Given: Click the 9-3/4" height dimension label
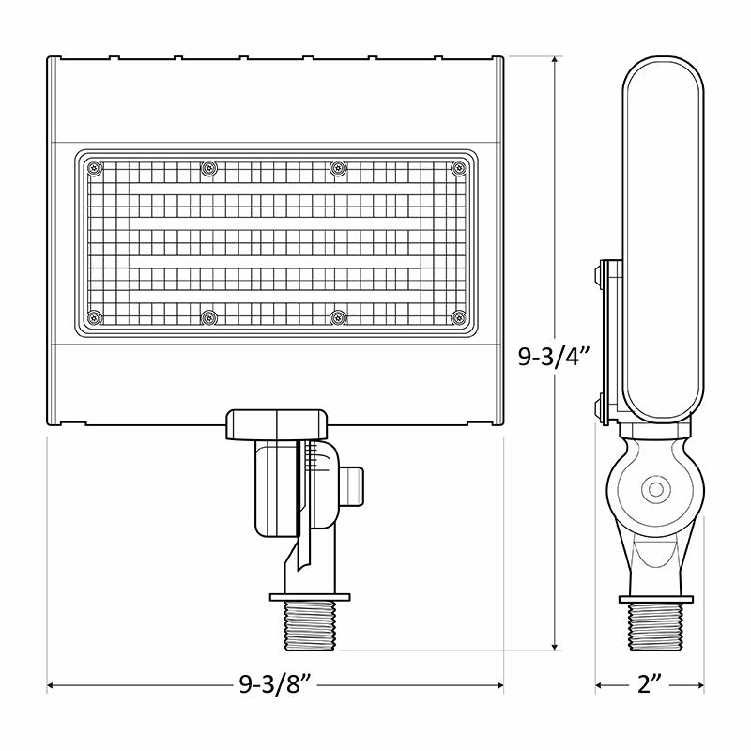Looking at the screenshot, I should tap(555, 356).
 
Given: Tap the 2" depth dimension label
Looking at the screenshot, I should tap(649, 686).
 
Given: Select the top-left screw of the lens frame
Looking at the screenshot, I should tap(94, 168).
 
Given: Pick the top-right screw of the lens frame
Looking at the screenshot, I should tap(458, 168).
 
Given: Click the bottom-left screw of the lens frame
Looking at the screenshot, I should tap(94, 317).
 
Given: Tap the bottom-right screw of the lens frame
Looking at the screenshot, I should tap(458, 317).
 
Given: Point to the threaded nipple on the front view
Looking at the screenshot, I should tap(310, 625).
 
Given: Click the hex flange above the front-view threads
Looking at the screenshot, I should tap(310, 597).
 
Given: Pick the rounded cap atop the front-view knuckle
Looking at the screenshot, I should tap(278, 421).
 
